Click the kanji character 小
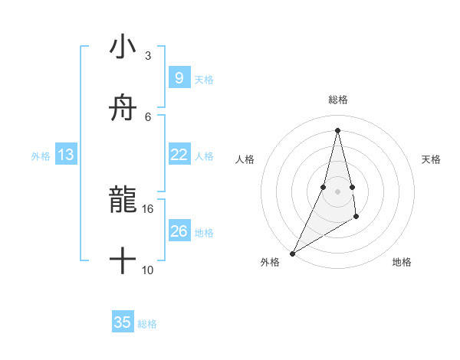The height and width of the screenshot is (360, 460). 123,48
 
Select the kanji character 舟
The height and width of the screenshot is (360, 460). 123,109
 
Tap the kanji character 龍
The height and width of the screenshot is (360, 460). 123,201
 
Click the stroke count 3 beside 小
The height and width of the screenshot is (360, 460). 148,56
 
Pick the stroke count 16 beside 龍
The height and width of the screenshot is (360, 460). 148,208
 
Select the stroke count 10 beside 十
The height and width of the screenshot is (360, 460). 148,270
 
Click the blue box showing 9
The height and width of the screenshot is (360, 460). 179,78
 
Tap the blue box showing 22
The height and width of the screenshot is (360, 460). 179,155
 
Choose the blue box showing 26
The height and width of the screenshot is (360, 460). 179,231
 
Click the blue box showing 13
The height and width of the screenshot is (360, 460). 66,155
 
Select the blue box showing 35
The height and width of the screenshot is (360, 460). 123,322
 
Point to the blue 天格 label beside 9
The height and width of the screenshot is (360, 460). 204,80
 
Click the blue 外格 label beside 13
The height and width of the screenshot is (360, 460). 41,156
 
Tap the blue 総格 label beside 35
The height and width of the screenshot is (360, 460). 147,324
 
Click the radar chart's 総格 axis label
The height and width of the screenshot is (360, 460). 337,100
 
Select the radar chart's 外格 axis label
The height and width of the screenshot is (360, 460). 270,263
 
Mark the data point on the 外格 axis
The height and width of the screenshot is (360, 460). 292,253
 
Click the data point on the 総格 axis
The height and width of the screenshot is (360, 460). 337,129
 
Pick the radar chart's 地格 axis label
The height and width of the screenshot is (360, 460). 402,263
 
